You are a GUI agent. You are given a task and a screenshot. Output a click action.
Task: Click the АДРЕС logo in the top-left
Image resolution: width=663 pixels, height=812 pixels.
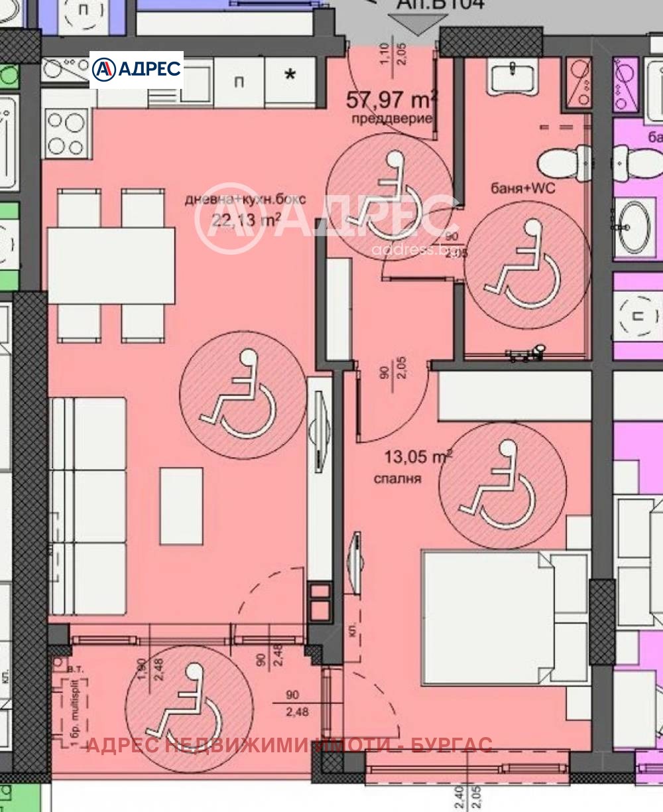pyautogui.click(x=137, y=70)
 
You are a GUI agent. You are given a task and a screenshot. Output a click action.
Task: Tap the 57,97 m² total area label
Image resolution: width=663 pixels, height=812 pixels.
pyautogui.click(x=391, y=101)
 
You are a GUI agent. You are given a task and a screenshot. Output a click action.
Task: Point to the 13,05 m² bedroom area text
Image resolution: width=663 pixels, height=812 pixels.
pyautogui.click(x=418, y=457)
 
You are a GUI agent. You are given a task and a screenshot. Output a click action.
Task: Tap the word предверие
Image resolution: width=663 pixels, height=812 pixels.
pyautogui.click(x=393, y=119)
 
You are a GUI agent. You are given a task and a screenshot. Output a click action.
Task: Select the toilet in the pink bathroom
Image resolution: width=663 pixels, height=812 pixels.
pyautogui.click(x=564, y=162)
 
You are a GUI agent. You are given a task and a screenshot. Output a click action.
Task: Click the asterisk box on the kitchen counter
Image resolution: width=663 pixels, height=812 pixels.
pyautogui.click(x=290, y=75)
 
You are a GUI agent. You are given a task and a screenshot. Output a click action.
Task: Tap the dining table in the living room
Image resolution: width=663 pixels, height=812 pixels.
pyautogui.click(x=111, y=265)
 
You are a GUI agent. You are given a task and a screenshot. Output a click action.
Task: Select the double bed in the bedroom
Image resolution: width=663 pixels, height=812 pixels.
pyautogui.click(x=504, y=617)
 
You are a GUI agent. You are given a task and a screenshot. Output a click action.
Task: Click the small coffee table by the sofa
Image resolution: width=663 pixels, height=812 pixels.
pyautogui.click(x=181, y=506)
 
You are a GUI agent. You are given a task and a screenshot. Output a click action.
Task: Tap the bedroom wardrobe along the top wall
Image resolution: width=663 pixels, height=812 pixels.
pyautogui.click(x=514, y=395)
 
